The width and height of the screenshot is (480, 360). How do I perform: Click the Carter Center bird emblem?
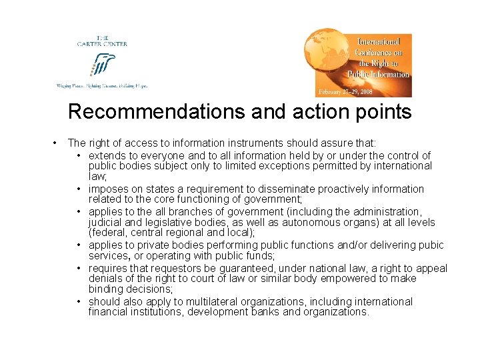103,65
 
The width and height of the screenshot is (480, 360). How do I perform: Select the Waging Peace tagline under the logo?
101,86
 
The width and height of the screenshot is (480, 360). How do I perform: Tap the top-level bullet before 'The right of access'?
53,143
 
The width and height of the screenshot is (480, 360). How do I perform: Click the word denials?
106,279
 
